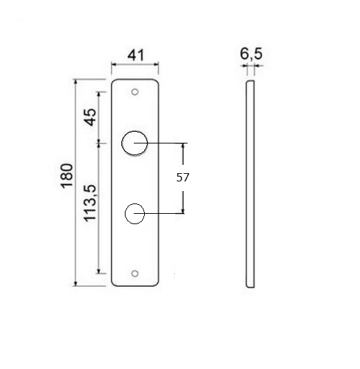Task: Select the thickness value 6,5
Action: point(250,52)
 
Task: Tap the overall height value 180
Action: point(67,177)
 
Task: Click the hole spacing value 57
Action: point(182,177)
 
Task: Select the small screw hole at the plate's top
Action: point(136,91)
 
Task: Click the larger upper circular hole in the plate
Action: point(134,143)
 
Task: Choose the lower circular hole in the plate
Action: point(134,214)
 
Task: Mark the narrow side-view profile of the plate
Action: point(251,183)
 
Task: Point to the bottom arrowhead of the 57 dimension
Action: point(183,211)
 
